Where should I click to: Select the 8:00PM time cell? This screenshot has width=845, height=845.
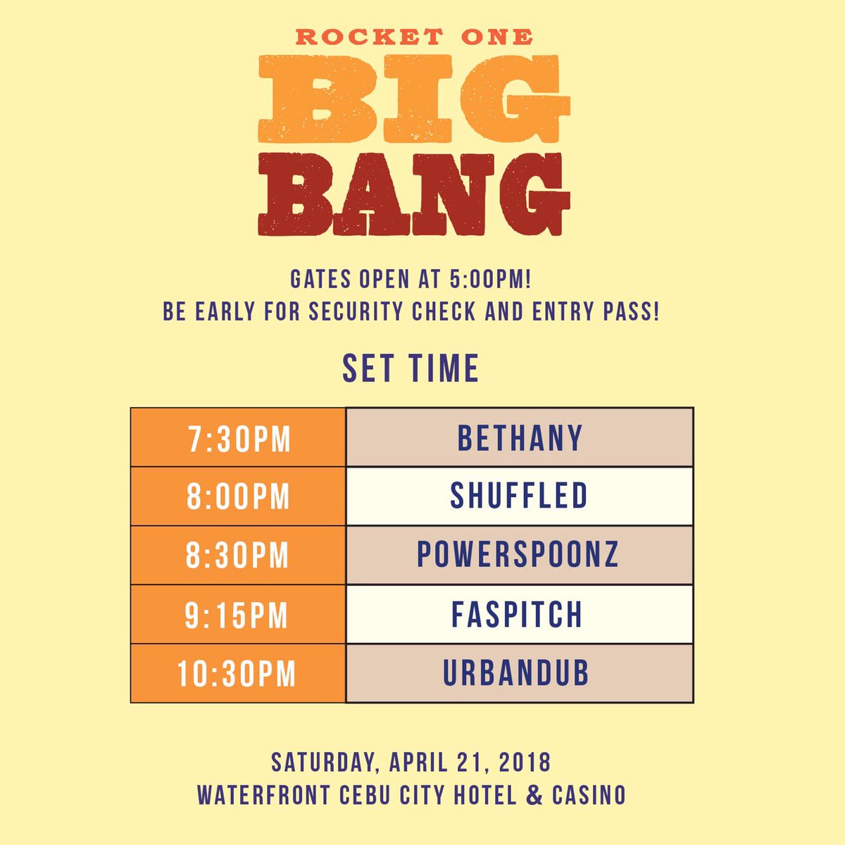click(238, 497)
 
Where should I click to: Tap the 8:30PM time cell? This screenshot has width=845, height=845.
click(238, 556)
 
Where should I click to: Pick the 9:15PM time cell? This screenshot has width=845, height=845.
click(237, 615)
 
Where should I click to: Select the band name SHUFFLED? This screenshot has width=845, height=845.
click(519, 496)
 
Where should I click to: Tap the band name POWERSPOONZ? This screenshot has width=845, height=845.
click(518, 555)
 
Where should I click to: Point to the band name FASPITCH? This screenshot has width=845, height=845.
click(518, 615)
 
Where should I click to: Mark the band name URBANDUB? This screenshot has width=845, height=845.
click(516, 674)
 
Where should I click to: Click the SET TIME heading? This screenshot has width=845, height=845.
click(411, 369)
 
